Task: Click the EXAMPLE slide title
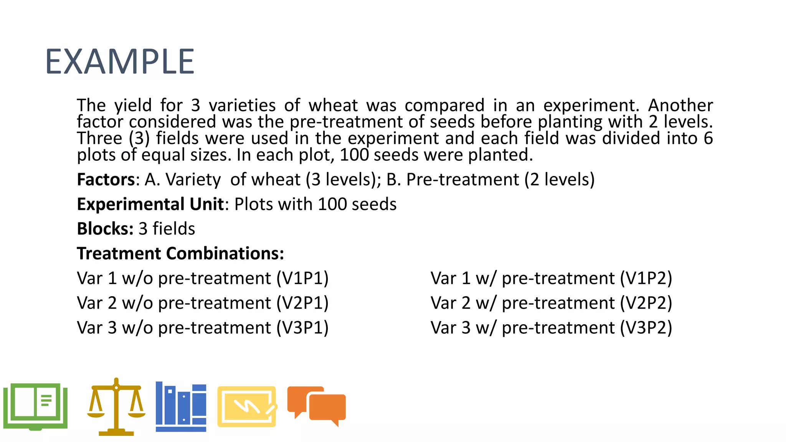pos(120,61)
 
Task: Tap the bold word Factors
pos(106,180)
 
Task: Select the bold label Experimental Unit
pos(150,204)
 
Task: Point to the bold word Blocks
pos(105,229)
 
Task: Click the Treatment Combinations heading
pos(180,254)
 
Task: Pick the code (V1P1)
pos(302,278)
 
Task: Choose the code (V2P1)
pos(302,303)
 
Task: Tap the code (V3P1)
pos(302,328)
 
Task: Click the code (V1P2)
pos(646,278)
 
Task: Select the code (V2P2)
pos(646,303)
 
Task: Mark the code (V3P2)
pos(646,328)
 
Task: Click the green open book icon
pos(35,407)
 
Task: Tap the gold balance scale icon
pos(116,407)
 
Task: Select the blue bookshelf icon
pos(181,407)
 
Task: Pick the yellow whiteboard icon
pos(247,407)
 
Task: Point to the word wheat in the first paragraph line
pos(333,105)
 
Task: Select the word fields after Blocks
pos(174,229)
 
